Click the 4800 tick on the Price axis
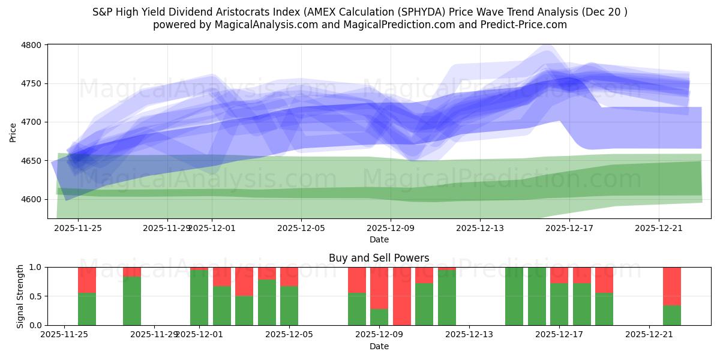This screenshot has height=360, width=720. pos(31,45)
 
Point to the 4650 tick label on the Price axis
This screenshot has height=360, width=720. pos(31,161)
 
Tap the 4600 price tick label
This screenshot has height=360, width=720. pos(31,199)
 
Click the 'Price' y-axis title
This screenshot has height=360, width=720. pos(13,131)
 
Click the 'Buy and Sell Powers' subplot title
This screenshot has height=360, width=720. pos(379,258)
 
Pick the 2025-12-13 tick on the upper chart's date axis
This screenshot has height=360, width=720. pos(480,228)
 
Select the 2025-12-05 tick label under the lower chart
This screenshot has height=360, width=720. pos(289,334)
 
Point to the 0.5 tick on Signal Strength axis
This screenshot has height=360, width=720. pos(35,296)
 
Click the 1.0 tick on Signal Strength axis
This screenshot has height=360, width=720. pos(35,267)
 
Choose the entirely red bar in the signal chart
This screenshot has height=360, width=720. pos(401,296)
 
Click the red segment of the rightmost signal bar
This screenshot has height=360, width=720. pos(671,286)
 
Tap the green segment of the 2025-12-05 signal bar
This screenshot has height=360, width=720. pos(289,305)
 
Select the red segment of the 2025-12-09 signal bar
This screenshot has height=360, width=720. pos(379,287)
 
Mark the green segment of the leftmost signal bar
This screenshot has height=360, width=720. pos(87,309)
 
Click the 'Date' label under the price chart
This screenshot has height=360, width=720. pos(379,239)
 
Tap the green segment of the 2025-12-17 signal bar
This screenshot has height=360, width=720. pos(559,304)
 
